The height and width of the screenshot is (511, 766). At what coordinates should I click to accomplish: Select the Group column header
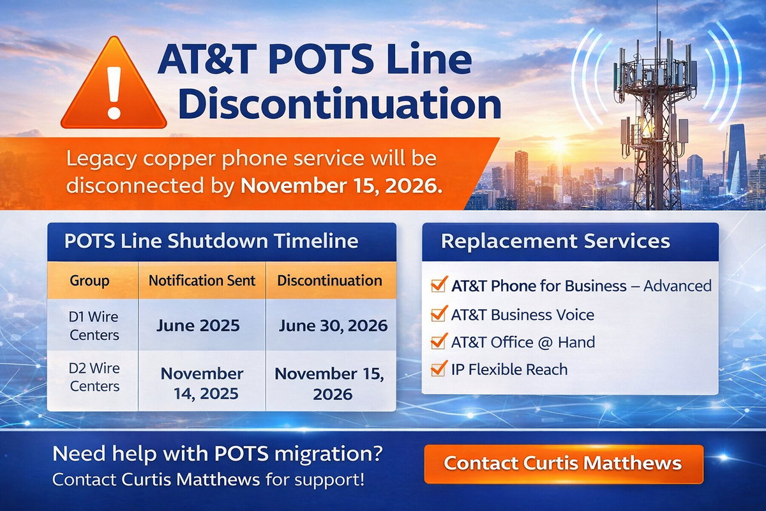[89, 280]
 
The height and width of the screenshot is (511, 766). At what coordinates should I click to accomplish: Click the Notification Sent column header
[202, 280]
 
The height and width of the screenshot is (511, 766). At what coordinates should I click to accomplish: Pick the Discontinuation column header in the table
[330, 280]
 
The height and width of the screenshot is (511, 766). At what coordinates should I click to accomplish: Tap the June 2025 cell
[199, 326]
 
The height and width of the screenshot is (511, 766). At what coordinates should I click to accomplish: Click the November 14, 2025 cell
[202, 383]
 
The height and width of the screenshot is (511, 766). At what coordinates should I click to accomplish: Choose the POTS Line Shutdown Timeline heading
[211, 241]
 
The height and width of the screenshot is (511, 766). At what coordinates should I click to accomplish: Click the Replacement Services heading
[555, 241]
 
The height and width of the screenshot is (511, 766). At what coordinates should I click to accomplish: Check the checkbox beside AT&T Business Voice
[439, 314]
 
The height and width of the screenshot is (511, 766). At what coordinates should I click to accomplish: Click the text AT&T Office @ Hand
[523, 342]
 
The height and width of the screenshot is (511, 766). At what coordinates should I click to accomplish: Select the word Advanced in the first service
[677, 286]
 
